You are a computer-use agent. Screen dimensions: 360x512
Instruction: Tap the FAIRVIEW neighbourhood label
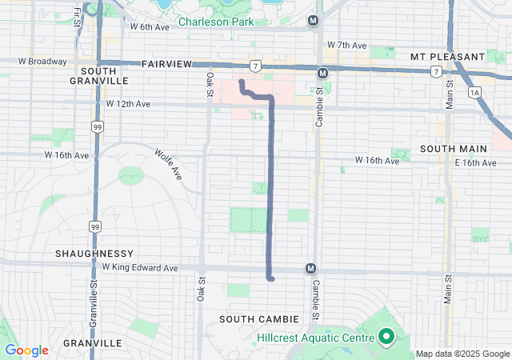tap(167, 63)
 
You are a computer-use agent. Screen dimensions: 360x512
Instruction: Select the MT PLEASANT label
tap(447, 57)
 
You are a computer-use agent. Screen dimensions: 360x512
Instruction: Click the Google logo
tap(26, 350)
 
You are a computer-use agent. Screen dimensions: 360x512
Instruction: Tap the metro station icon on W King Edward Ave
tap(310, 269)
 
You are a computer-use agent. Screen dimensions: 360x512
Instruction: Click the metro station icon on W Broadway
tap(322, 73)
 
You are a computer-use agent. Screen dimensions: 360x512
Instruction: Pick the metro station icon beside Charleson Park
tap(313, 19)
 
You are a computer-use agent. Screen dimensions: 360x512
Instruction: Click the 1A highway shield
tap(476, 93)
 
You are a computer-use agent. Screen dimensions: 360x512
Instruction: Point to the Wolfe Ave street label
tap(169, 164)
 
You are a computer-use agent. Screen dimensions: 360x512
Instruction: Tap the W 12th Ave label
tap(128, 104)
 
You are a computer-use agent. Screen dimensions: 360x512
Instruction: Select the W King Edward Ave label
tap(139, 268)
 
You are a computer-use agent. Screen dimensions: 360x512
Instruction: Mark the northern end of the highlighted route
tap(241, 82)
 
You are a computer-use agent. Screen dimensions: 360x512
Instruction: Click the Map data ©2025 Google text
tap(462, 354)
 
